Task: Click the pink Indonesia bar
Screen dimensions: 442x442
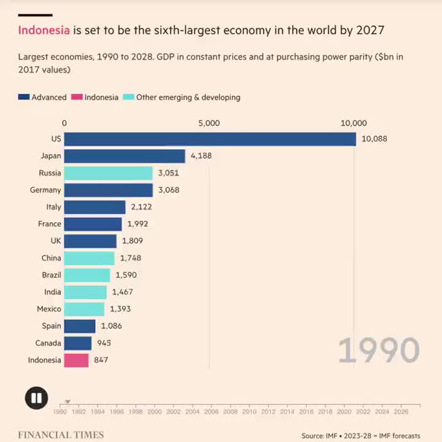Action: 76,360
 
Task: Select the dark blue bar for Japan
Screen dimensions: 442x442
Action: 124,156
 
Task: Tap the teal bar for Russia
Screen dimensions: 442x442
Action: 108,173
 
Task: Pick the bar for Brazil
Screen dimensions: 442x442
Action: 87,275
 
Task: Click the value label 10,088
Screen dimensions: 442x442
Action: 374,139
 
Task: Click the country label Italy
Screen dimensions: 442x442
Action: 53,207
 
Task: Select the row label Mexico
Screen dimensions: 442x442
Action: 49,309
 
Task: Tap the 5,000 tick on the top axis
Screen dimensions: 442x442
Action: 209,123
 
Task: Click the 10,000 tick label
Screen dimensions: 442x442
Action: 354,123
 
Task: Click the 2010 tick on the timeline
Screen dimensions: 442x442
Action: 250,413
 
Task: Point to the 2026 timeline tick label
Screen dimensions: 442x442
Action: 401,413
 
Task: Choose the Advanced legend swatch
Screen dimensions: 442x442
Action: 24,97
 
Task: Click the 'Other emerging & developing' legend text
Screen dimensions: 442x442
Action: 188,97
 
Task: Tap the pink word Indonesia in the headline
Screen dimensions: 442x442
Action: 44,30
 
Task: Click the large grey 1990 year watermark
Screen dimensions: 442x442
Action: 379,351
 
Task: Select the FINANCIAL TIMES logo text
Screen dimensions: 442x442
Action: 61,435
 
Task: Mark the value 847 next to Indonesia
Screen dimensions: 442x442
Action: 101,360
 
